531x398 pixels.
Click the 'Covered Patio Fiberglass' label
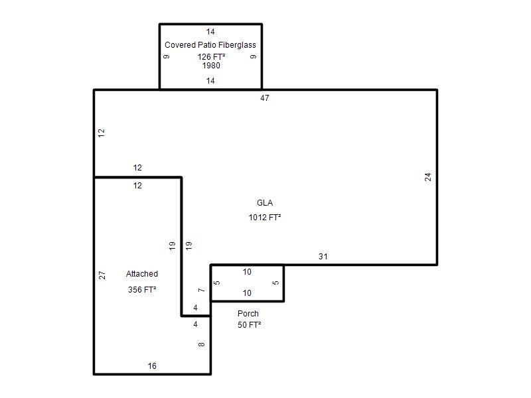(210, 45)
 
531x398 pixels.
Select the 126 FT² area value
(211, 57)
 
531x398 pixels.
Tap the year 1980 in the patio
(211, 66)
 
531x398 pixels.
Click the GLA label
(265, 203)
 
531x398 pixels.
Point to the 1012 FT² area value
(265, 218)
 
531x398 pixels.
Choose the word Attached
(142, 274)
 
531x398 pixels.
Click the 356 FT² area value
(142, 290)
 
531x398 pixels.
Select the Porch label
(248, 313)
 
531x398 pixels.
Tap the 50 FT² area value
(250, 325)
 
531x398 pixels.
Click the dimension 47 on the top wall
(265, 98)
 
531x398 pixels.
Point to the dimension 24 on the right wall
(428, 177)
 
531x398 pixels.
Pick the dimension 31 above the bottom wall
(323, 257)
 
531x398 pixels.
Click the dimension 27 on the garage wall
(102, 275)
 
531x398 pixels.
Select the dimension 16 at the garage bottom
(152, 366)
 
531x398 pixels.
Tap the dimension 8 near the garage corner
(202, 344)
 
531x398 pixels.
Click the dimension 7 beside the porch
(202, 290)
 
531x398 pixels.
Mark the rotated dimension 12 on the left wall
(102, 133)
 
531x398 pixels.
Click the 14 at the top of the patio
(210, 32)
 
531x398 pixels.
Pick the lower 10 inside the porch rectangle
(247, 293)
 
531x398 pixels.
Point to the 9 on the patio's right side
(254, 56)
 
